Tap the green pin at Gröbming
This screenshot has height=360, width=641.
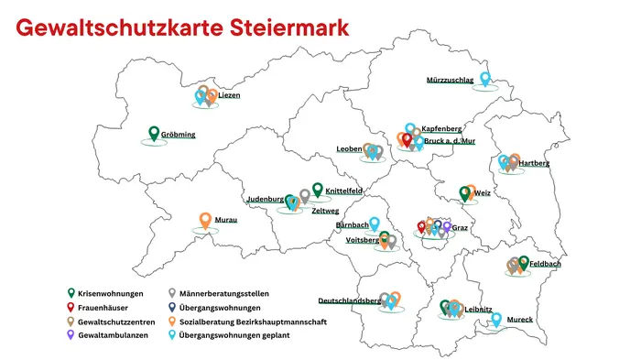point(154,134)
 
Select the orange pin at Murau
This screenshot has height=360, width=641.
point(206,220)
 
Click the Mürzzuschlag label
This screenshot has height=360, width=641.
point(450,80)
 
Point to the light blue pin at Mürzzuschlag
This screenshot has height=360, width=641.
point(485,79)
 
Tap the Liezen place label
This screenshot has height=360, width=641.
point(229,95)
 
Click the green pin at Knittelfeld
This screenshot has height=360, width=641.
point(318,190)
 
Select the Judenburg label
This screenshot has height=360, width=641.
point(265,199)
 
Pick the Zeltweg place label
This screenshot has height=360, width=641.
point(325,210)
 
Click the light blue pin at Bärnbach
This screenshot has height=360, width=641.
point(374,223)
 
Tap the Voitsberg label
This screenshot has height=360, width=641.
point(363,240)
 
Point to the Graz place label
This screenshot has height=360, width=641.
point(460,228)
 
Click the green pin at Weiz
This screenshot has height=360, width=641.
point(465,193)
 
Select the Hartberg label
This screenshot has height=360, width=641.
point(535,163)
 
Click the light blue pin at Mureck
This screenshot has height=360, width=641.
point(496,320)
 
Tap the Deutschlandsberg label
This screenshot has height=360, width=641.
point(349,300)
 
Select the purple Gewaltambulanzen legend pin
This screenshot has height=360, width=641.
point(71,336)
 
